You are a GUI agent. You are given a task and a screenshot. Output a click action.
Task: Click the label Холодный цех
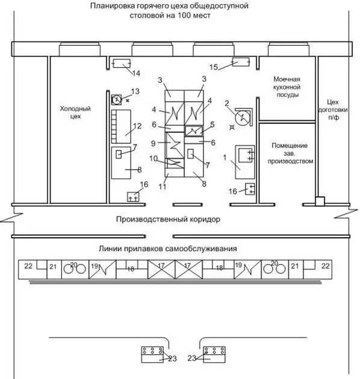(75, 112)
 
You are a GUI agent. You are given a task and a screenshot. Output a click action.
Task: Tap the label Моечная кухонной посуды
(287, 87)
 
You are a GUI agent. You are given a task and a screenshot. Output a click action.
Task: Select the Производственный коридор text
(168, 219)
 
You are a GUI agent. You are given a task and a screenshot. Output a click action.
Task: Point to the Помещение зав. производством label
(290, 153)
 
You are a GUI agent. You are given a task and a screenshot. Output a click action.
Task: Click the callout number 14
(136, 73)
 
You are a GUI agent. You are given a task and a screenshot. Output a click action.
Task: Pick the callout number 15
(213, 67)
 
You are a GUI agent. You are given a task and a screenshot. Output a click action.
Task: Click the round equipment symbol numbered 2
(242, 117)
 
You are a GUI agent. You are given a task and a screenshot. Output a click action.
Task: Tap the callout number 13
(135, 91)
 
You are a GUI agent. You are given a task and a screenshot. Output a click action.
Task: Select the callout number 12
(137, 126)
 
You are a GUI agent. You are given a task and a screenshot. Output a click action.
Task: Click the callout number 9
(153, 143)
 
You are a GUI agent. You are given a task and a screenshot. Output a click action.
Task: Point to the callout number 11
(163, 186)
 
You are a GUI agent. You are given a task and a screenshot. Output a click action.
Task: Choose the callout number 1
(225, 158)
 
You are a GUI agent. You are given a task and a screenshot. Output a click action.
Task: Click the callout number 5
(212, 125)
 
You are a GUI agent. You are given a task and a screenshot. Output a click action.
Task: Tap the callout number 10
(154, 159)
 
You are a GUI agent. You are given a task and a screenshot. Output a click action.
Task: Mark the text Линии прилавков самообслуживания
(168, 248)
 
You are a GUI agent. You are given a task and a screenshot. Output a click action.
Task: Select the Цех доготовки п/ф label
(333, 109)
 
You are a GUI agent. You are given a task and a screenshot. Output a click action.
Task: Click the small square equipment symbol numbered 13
(116, 99)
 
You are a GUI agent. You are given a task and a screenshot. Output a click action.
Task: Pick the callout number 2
(227, 103)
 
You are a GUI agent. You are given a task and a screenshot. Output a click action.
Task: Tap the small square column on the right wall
(320, 201)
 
